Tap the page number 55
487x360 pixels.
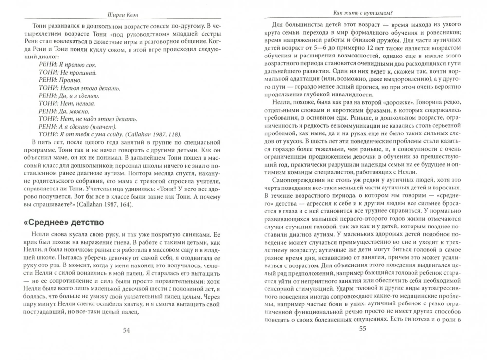(x=362, y=329)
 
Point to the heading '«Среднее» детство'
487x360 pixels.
(x=62, y=224)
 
